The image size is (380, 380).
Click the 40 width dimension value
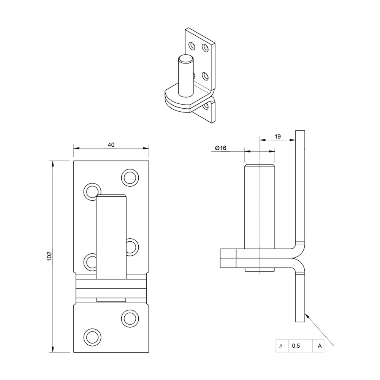coord(111,145)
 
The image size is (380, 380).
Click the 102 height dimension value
coord(49,256)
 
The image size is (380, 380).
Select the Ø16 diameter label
coord(220,148)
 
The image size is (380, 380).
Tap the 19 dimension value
coord(278,136)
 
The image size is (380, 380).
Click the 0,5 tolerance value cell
coord(296,346)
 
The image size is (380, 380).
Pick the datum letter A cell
coord(320,346)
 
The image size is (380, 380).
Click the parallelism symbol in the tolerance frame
coord(281,346)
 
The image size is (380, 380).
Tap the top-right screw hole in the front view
coord(130,177)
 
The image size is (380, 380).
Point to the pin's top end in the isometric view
coord(186,59)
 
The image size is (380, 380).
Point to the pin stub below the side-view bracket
coord(260,269)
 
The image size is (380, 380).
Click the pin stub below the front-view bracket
coord(111,300)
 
